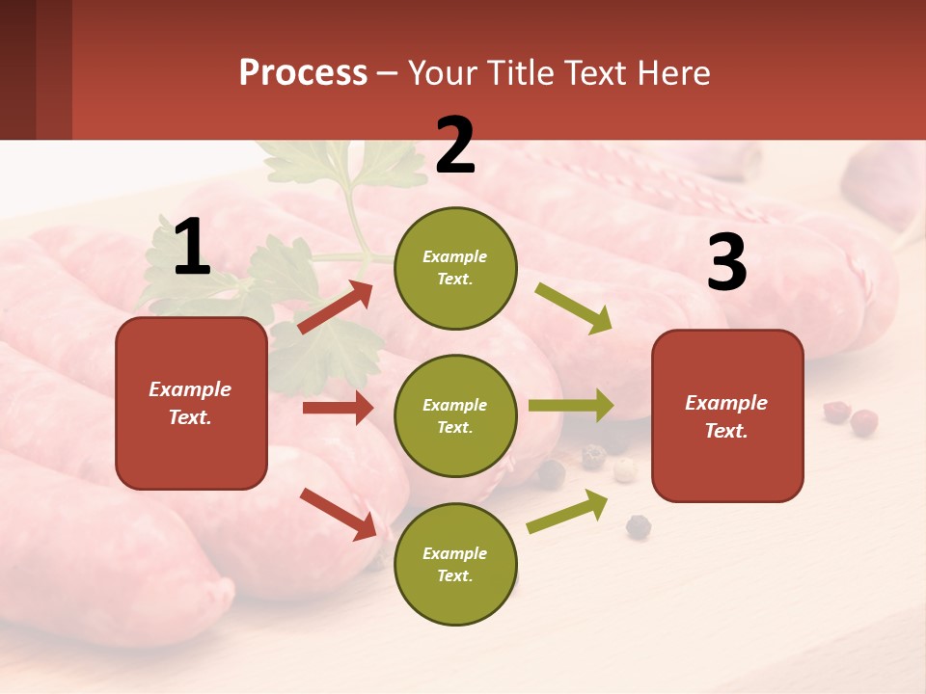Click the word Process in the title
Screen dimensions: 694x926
(303, 73)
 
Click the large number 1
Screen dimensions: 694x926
(191, 248)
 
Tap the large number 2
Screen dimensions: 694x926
(455, 146)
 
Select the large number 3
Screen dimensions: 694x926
(726, 263)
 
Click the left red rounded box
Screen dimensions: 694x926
(191, 403)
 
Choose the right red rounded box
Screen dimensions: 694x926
(727, 415)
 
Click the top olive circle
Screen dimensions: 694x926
(455, 267)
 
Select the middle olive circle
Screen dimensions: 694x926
(455, 415)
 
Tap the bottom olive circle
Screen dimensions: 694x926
(455, 564)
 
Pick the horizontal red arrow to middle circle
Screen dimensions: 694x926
(338, 408)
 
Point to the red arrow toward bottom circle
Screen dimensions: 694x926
(338, 514)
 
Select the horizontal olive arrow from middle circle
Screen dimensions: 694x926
(570, 405)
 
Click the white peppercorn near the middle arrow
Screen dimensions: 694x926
(625, 469)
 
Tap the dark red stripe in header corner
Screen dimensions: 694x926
(54, 69)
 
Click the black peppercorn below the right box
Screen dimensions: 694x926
(638, 526)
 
